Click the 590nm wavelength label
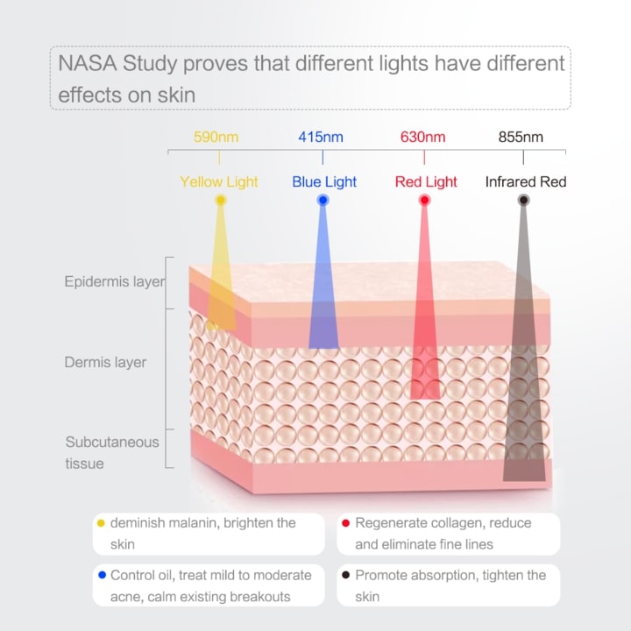click(x=216, y=137)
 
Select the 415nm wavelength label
click(x=321, y=137)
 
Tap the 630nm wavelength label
click(x=423, y=137)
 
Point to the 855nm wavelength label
click(x=521, y=137)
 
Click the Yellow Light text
click(x=219, y=182)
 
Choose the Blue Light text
click(x=324, y=182)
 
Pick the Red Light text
click(x=426, y=182)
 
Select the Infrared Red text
click(x=526, y=182)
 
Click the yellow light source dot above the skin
click(x=221, y=201)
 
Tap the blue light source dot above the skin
click(x=323, y=201)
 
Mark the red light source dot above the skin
click(x=425, y=201)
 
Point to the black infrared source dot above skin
click(x=523, y=201)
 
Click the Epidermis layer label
click(x=114, y=282)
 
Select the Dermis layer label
click(x=105, y=362)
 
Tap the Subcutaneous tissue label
click(x=112, y=452)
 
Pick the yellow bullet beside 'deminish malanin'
click(x=101, y=523)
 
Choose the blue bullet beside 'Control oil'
click(x=101, y=576)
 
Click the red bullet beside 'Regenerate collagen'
click(x=346, y=523)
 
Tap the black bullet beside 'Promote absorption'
click(x=346, y=576)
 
